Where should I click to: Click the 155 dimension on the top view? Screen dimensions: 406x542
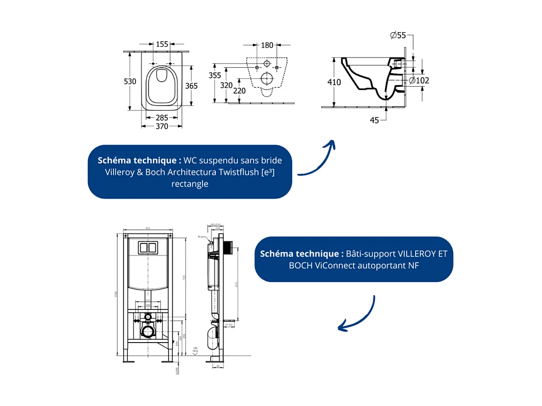point(162,44)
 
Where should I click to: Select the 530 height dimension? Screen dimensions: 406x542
point(130,81)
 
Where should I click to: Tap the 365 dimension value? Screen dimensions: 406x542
point(191,86)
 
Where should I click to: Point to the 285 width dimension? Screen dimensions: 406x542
point(162,117)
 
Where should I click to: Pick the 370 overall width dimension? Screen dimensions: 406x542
point(162,126)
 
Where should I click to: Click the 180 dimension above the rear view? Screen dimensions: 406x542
point(267,45)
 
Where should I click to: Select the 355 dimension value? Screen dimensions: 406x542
point(215,75)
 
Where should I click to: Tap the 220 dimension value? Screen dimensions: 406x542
point(240,90)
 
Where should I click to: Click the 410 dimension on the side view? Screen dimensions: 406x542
point(334,82)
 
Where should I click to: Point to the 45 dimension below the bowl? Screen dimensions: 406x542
point(374,120)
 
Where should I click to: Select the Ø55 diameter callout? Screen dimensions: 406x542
point(399,35)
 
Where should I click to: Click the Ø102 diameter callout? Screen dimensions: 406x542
point(419,80)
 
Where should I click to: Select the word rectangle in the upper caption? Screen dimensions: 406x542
point(190,184)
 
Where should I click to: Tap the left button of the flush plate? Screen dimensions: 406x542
point(143,248)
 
